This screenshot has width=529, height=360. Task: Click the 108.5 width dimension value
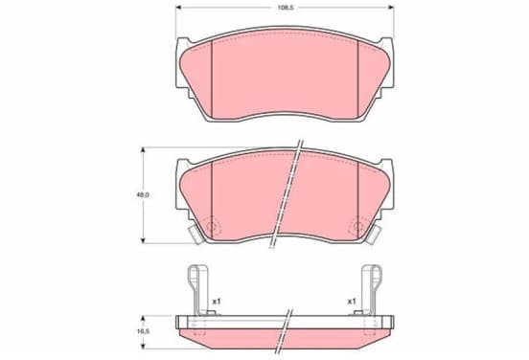coord(286,8)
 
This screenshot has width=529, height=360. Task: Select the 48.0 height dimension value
coord(143,194)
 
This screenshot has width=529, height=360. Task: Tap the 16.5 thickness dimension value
coord(143,331)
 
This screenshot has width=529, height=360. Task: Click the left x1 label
coord(216,301)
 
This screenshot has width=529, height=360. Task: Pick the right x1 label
coord(352,301)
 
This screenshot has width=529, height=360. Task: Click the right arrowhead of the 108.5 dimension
coord(391,8)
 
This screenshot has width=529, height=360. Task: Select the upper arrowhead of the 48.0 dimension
coord(143,150)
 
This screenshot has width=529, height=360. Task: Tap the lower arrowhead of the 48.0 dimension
coord(143,239)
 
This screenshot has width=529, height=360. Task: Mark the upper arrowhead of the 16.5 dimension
coord(143,319)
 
